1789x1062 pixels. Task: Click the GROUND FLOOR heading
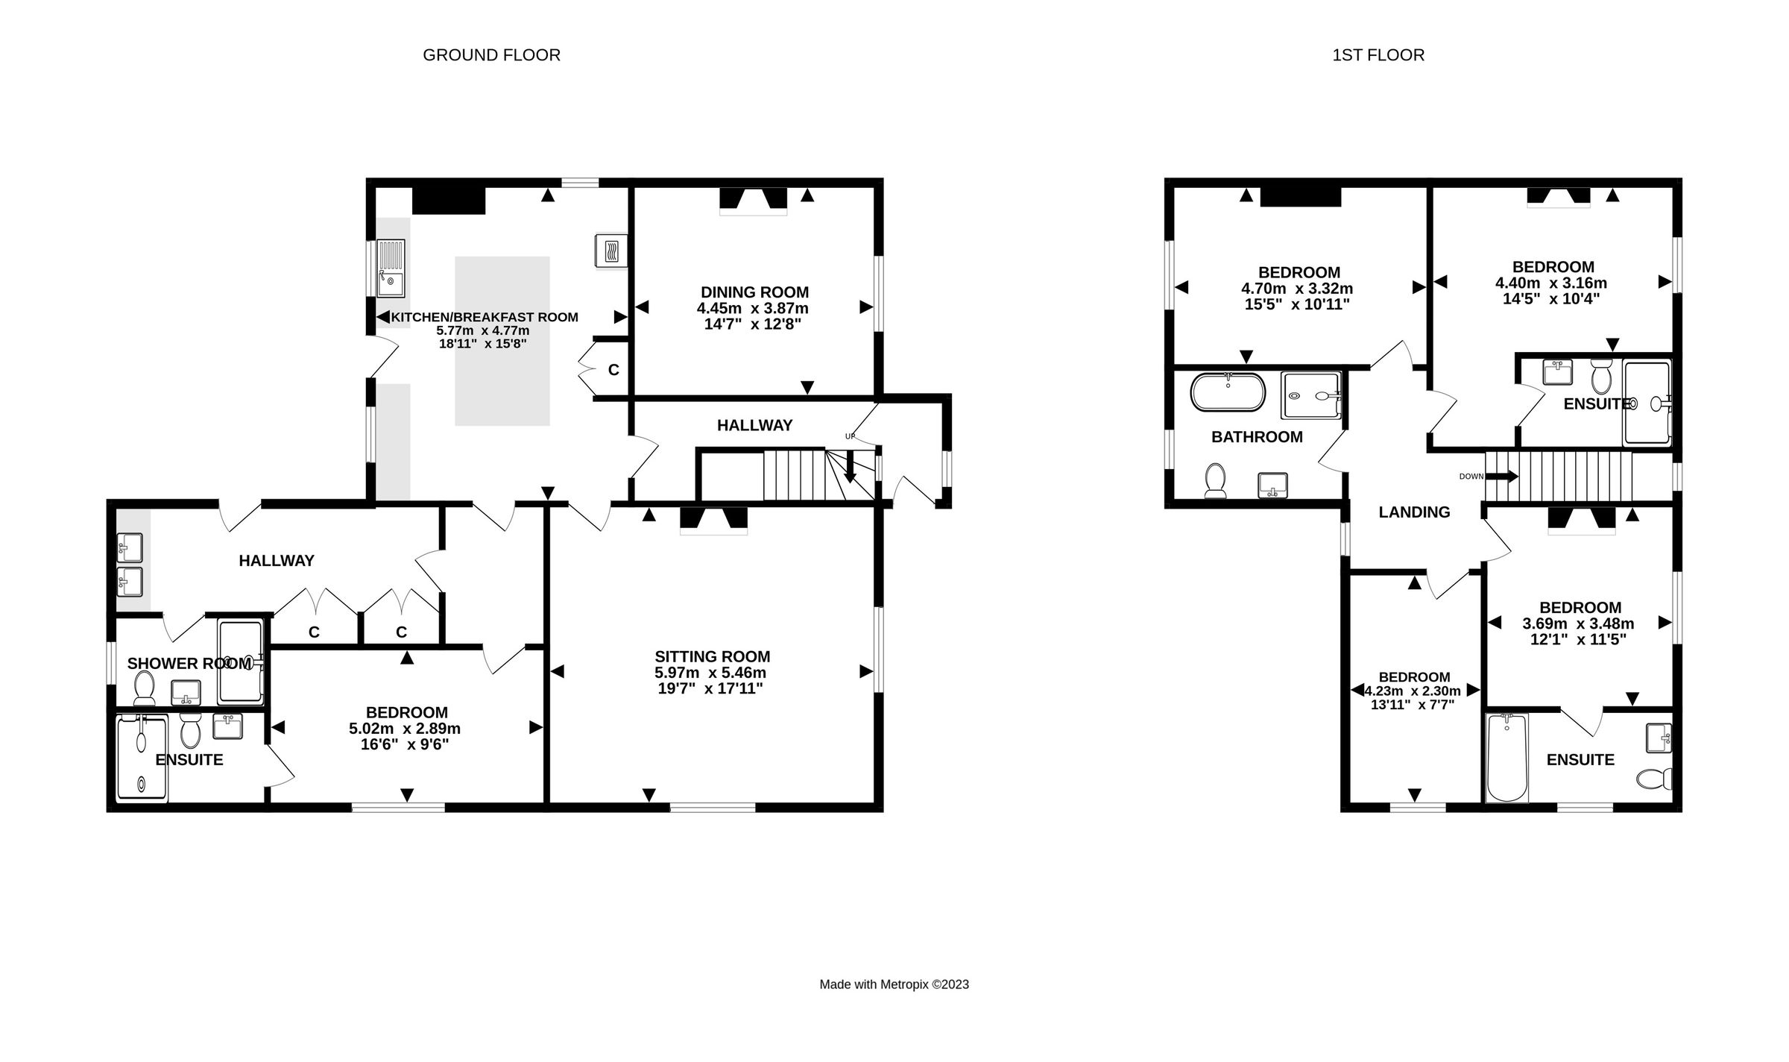click(x=491, y=55)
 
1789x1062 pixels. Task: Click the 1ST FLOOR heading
click(x=1378, y=55)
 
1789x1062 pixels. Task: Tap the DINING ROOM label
click(x=754, y=292)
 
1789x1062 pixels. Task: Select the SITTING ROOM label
click(x=712, y=656)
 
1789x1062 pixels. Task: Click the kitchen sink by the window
click(x=391, y=267)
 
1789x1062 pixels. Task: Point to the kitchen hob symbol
click(x=611, y=251)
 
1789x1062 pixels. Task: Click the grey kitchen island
click(x=502, y=341)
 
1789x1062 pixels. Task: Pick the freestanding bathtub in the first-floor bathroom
click(x=1228, y=392)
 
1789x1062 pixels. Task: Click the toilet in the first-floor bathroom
click(x=1216, y=481)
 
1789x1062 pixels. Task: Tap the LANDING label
click(x=1414, y=512)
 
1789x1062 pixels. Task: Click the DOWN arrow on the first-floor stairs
click(x=1501, y=477)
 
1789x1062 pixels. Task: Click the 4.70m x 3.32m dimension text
click(x=1297, y=289)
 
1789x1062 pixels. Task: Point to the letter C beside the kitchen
click(x=613, y=370)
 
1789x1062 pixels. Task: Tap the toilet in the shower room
click(x=144, y=688)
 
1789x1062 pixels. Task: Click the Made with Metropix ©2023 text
click(x=894, y=984)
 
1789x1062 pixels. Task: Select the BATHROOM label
click(x=1257, y=437)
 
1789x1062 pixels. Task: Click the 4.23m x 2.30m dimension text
click(x=1413, y=691)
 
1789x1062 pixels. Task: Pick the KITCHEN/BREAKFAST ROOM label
click(x=485, y=317)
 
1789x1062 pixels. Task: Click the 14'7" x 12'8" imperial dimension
click(x=753, y=324)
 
